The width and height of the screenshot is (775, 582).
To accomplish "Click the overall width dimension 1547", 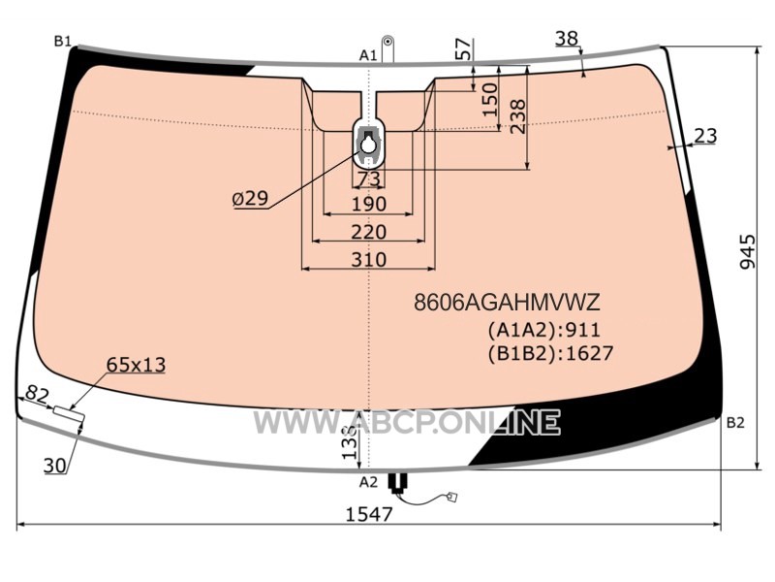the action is tap(369, 514).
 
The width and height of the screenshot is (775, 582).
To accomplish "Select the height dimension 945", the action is tap(747, 252).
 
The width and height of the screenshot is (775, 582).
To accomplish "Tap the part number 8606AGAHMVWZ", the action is tap(507, 302).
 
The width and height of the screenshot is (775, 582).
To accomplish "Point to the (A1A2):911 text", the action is tap(544, 330).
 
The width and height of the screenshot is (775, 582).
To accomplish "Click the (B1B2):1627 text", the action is tap(550, 353).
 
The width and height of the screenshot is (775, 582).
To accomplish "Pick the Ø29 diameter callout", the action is tap(251, 199).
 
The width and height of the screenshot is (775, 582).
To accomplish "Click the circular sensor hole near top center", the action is tap(368, 145).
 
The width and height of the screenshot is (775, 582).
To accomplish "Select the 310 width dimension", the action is tap(369, 259).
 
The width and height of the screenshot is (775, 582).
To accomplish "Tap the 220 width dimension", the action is tap(369, 232).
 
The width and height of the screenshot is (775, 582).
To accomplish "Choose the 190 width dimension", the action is tap(369, 204).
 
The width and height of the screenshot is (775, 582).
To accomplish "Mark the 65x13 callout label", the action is tap(136, 365).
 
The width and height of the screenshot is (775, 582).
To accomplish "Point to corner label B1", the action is tap(63, 42).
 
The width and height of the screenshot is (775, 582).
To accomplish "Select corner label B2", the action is tap(735, 423).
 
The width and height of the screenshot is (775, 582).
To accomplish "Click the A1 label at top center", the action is tap(368, 55).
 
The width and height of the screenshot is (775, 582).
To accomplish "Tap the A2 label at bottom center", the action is tap(368, 481).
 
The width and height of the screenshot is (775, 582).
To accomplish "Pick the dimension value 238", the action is tap(518, 116).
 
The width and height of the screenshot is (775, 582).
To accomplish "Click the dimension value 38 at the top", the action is tap(567, 38).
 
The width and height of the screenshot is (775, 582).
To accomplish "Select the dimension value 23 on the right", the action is tap(705, 135).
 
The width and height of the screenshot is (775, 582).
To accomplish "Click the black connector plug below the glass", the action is tap(398, 481).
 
